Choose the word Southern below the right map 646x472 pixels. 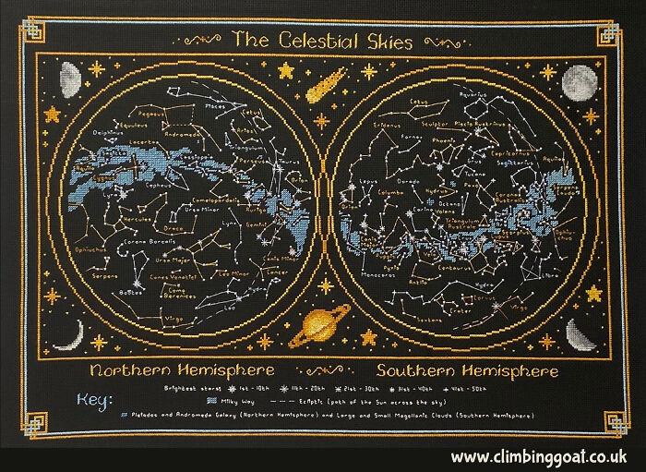pyautogui.click(x=395, y=371)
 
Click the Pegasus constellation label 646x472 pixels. pyautogui.click(x=151, y=114)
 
